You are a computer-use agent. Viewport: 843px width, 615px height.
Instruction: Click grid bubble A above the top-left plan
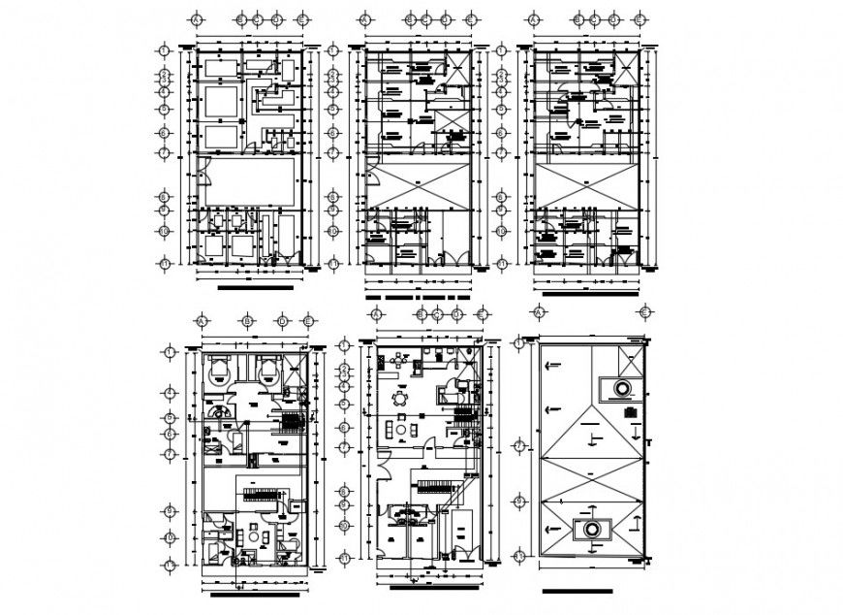[196, 18]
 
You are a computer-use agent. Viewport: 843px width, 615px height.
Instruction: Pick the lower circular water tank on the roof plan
[588, 529]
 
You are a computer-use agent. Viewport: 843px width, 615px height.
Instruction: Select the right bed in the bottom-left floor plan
[267, 370]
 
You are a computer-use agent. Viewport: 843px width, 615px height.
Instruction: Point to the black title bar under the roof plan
[578, 591]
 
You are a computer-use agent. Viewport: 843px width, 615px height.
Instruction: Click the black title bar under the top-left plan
[256, 288]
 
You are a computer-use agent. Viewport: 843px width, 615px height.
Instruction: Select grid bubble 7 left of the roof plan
[520, 446]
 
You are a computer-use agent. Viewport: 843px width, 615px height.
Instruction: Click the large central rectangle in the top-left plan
[250, 181]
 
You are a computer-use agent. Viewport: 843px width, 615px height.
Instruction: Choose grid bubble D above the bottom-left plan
[282, 321]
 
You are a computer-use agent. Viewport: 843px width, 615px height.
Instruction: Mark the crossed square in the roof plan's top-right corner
[628, 367]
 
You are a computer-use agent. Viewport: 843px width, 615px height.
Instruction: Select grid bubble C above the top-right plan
[594, 18]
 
